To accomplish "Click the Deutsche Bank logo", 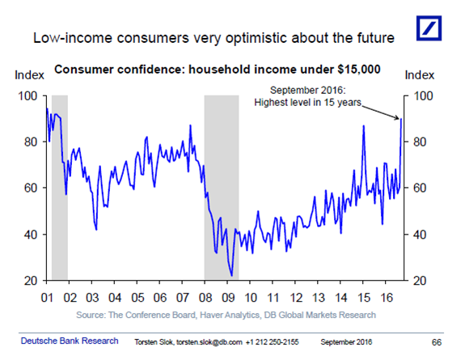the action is (x=429, y=28).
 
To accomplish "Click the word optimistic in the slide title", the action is (x=256, y=39).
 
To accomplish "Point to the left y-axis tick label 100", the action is (x=27, y=95).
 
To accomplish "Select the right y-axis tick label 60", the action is (x=420, y=188).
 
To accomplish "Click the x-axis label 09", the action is (x=228, y=298).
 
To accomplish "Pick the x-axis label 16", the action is (x=387, y=298).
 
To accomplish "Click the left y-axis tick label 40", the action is (x=31, y=235).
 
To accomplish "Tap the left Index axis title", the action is (x=29, y=75).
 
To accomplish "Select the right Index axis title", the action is (x=420, y=75).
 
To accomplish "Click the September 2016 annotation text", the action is (x=308, y=96).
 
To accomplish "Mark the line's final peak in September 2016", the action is (x=401, y=119).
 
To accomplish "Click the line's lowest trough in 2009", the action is (x=231, y=276).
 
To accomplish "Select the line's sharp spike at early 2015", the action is (x=364, y=126).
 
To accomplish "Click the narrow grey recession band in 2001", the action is (x=60, y=187).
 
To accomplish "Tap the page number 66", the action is (x=437, y=342).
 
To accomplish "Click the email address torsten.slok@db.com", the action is (x=209, y=342).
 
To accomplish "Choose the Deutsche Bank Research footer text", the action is (x=70, y=341).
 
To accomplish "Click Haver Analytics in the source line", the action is (x=230, y=315).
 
